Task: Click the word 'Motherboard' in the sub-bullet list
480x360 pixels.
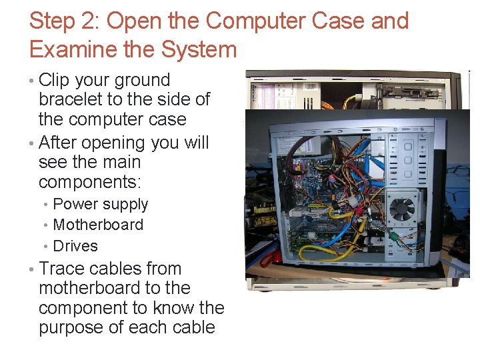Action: click(97, 225)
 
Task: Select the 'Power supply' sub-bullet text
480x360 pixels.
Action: click(100, 205)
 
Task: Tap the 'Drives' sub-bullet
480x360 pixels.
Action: click(75, 246)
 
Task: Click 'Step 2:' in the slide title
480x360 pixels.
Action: click(64, 21)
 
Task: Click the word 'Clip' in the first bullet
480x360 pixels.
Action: click(55, 80)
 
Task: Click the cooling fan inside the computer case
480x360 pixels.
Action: click(402, 208)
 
